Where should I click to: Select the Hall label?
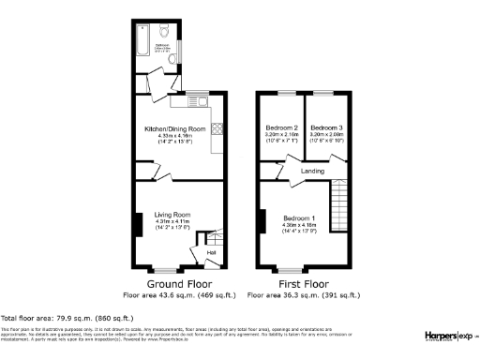[x=211, y=252]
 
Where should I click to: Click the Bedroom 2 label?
[x=282, y=127]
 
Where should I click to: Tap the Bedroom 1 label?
[x=300, y=217]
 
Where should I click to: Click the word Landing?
[x=313, y=172]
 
